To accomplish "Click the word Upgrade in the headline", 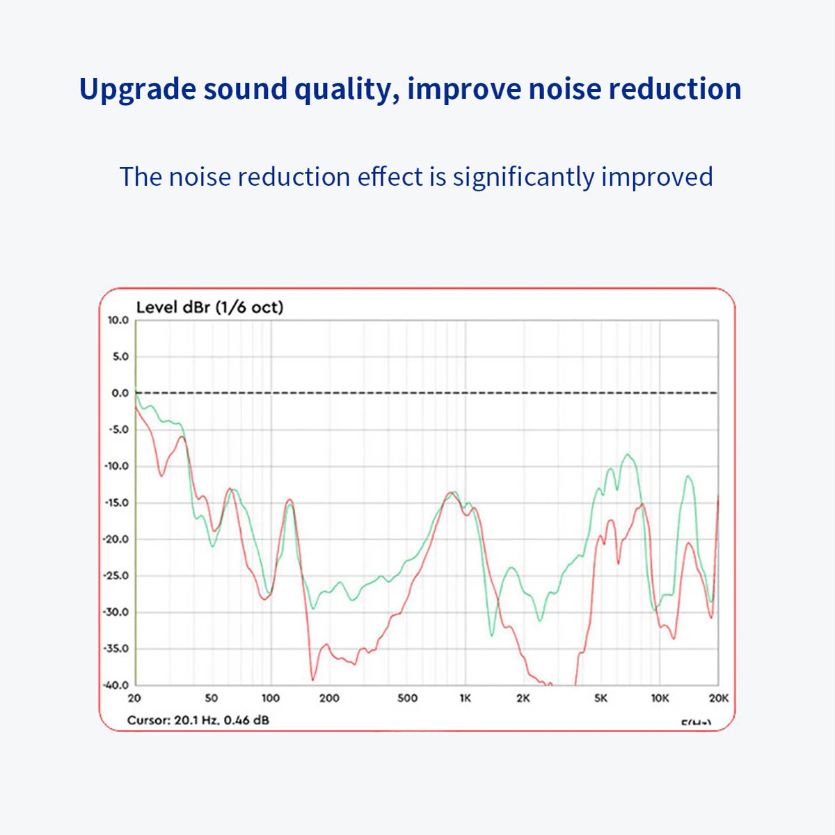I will [137, 90].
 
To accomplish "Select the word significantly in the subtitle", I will [524, 177].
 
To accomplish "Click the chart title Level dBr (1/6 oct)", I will [209, 307].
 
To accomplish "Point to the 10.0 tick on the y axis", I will [118, 320].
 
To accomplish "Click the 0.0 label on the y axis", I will [120, 393].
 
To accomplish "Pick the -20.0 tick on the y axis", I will [117, 539].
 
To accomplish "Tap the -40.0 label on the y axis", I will [117, 685].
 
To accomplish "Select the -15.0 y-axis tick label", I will [117, 502].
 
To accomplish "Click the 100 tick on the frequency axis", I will [270, 698].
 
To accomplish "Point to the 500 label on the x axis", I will [407, 698].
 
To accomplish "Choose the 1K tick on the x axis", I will [465, 698].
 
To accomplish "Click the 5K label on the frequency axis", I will [601, 698].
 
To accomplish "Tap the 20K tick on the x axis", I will [718, 698].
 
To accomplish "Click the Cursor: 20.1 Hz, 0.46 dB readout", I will [198, 720].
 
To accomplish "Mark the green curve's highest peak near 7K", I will [628, 454].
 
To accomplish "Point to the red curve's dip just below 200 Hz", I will [312, 679].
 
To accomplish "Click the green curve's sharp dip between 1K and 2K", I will [491, 635].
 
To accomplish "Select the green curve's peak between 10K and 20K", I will [688, 476].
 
